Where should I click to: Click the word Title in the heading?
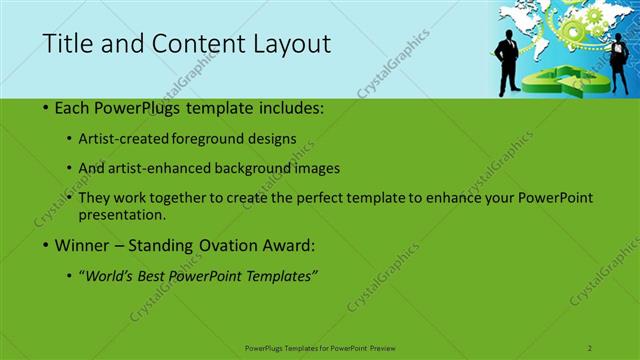point(65,44)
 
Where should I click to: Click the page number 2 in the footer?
point(590,347)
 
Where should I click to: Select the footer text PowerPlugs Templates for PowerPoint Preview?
point(320,347)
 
